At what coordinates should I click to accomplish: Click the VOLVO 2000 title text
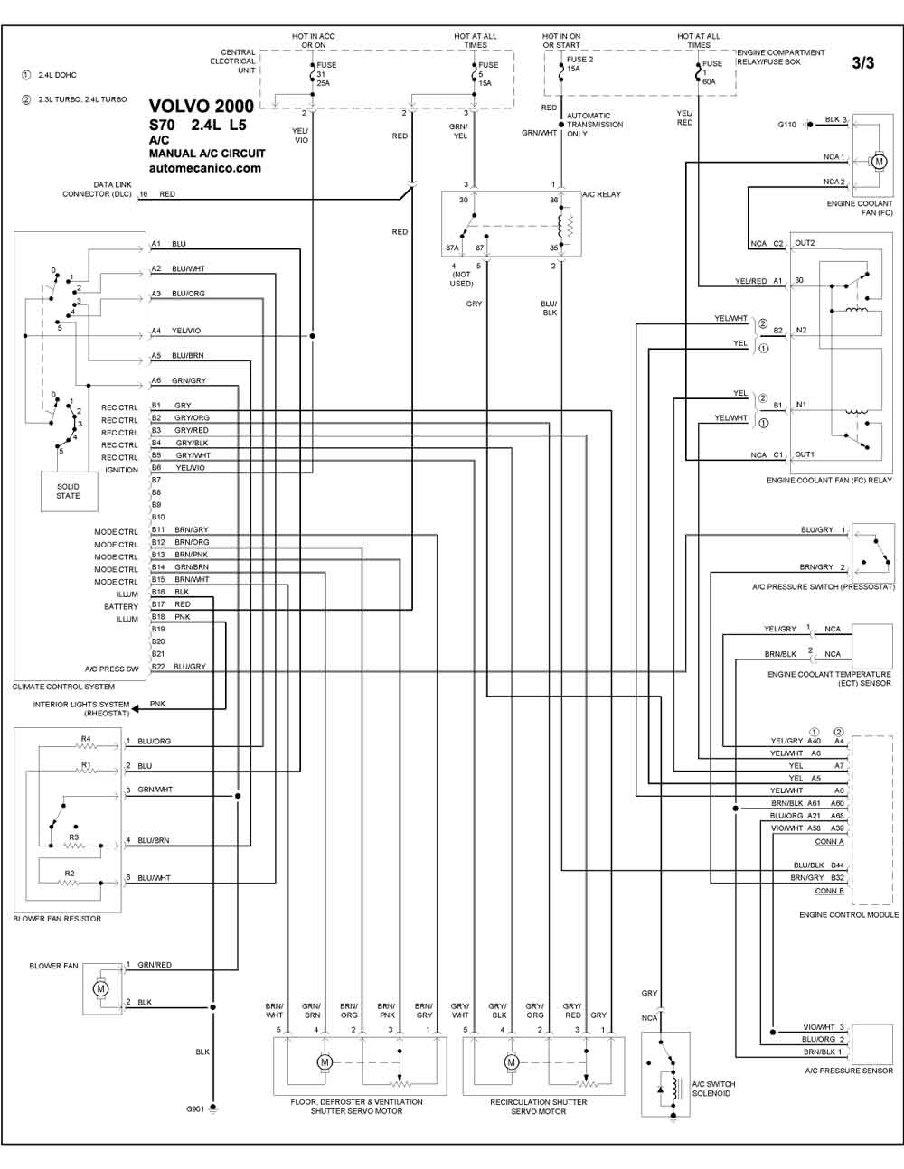[x=201, y=106]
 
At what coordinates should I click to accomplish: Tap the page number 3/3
[x=862, y=63]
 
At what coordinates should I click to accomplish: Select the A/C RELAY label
[x=601, y=194]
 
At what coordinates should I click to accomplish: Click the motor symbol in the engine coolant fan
[x=879, y=161]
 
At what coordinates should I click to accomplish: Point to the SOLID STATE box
[x=69, y=491]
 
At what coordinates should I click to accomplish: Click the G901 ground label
[x=194, y=1108]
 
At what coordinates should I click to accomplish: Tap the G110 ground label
[x=786, y=125]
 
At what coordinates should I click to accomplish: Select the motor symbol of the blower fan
[x=100, y=987]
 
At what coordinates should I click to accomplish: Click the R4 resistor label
[x=86, y=739]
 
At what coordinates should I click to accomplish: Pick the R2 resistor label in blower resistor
[x=70, y=873]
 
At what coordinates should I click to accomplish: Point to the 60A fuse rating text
[x=709, y=82]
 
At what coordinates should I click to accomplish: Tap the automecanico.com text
[x=205, y=168]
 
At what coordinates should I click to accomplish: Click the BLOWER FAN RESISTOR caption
[x=57, y=919]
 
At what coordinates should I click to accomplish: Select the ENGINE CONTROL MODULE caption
[x=849, y=914]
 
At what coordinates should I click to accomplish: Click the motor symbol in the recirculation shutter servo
[x=511, y=1061]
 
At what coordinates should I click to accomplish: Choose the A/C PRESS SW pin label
[x=111, y=669]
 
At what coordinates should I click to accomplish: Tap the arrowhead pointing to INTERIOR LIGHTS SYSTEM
[x=135, y=708]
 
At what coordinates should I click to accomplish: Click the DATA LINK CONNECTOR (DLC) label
[x=97, y=189]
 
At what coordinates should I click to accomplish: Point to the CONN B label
[x=829, y=891]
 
